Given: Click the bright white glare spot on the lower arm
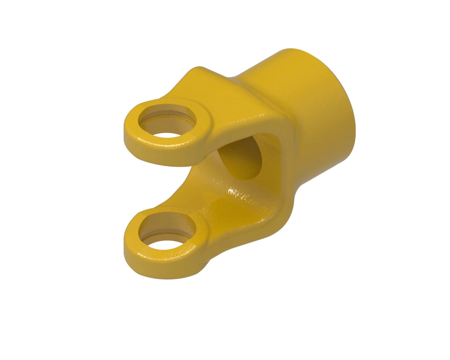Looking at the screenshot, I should click(x=232, y=192).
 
